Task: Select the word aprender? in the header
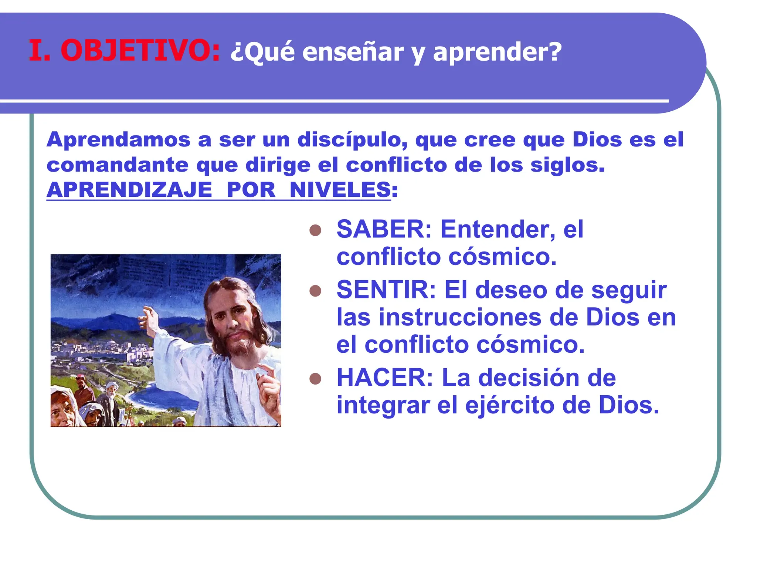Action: pyautogui.click(x=497, y=53)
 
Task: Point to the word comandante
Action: pyautogui.click(x=117, y=165)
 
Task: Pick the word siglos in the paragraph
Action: pyautogui.click(x=567, y=165)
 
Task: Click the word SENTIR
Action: pyautogui.click(x=386, y=290)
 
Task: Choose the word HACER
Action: pyautogui.click(x=384, y=378)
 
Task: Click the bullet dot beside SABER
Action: pyautogui.click(x=315, y=230)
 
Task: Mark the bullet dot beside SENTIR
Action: pyautogui.click(x=315, y=291)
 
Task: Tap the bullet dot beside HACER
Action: pyautogui.click(x=315, y=379)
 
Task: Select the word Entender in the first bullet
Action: pyautogui.click(x=497, y=229)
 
